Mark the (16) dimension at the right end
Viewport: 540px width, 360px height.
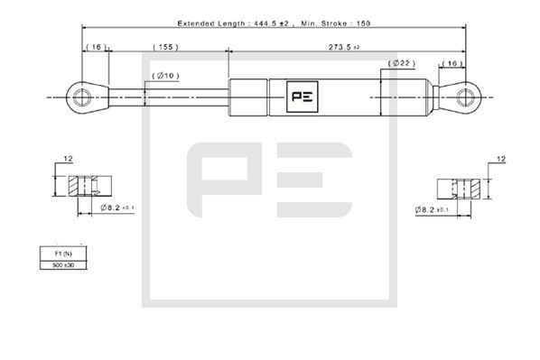coord(453,65)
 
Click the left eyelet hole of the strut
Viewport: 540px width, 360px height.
coord(81,95)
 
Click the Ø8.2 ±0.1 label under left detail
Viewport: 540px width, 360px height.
coord(116,208)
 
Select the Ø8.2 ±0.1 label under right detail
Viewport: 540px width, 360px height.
coord(433,210)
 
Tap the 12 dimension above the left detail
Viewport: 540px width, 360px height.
coord(68,159)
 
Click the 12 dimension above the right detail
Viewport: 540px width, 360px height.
coord(502,160)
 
